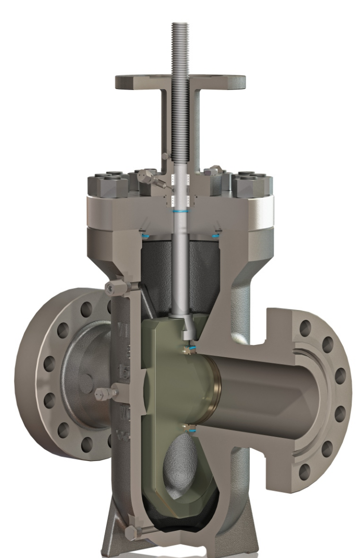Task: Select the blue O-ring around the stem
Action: [182, 210]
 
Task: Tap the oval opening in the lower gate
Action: [180, 463]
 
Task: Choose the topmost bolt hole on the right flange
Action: [305, 326]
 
